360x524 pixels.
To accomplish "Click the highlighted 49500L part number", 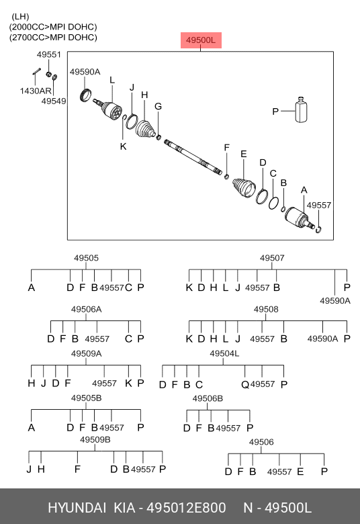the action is (x=201, y=40).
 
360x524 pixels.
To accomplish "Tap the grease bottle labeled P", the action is (x=301, y=110).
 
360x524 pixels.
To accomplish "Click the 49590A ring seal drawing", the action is (x=86, y=95).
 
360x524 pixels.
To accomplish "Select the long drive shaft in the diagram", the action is (x=193, y=157).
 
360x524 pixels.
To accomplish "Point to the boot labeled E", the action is (x=244, y=188).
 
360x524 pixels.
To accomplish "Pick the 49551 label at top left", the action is (x=49, y=54).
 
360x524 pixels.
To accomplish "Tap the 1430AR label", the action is (x=36, y=91).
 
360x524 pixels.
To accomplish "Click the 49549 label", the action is (x=54, y=101).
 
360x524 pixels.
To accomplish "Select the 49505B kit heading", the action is (x=86, y=398).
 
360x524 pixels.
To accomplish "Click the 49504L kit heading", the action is (x=224, y=353).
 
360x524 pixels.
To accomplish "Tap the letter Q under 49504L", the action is (x=245, y=385).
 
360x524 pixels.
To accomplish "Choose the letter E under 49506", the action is (x=300, y=472).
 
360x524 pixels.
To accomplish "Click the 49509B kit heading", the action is (x=95, y=440).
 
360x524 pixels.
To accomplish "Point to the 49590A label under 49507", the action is (x=335, y=301).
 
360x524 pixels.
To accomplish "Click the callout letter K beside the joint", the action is (x=124, y=146).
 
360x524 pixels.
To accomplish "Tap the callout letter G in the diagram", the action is (x=158, y=106).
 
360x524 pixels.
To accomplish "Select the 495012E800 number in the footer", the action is (x=187, y=508).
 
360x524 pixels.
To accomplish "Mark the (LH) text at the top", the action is (x=20, y=17).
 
